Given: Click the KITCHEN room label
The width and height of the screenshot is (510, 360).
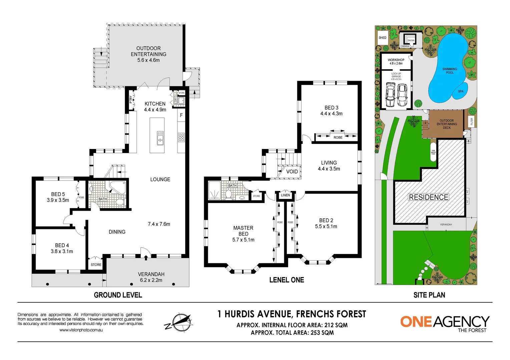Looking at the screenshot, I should click(x=155, y=104).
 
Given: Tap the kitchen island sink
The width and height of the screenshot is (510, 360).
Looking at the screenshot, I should click(x=160, y=138).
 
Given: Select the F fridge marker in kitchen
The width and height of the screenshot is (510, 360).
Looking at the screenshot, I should click(x=181, y=115).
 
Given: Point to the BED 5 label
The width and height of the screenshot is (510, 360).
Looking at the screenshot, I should click(x=58, y=194).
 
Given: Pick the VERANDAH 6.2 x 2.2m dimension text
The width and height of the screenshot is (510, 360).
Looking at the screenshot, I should click(x=151, y=280).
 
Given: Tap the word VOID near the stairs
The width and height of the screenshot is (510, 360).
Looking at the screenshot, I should click(x=292, y=171).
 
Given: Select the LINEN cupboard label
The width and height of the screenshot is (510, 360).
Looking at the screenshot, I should click(x=286, y=195).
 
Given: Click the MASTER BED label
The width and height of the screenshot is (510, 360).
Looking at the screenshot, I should click(x=243, y=231).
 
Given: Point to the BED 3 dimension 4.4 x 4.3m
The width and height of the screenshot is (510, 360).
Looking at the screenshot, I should click(x=331, y=114).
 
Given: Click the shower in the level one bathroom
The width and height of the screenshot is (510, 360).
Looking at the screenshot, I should click(x=214, y=191).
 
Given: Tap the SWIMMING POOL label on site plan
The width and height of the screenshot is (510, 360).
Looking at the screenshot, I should click(x=450, y=71).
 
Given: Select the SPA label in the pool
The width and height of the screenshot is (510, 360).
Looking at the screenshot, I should click(x=461, y=91).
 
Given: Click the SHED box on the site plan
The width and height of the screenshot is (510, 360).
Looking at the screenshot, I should click(x=383, y=38).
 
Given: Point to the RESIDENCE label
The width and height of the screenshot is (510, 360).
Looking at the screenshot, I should click(x=428, y=197).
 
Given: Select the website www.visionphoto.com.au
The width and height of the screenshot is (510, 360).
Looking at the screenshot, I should click(x=81, y=330).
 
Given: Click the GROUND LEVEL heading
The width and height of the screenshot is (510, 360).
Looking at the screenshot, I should click(x=118, y=295).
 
